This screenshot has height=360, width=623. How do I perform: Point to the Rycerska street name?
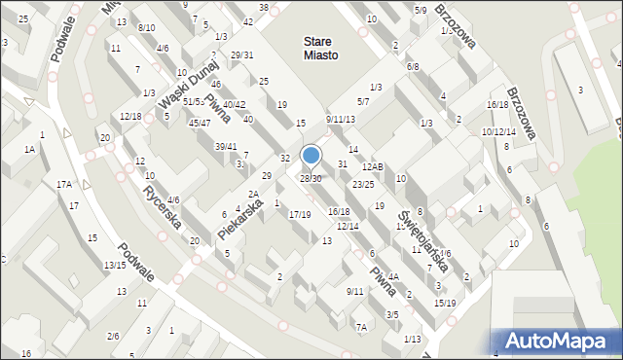click(163, 206)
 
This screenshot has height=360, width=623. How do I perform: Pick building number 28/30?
click(311, 178)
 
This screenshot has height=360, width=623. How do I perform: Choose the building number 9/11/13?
click(341, 120)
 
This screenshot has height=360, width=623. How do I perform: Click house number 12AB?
click(373, 168)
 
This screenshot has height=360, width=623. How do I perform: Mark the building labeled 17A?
click(64, 185)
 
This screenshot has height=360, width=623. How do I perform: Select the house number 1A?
click(30, 149)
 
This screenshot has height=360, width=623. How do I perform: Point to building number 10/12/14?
click(498, 131)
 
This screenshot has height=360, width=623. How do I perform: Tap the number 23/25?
click(363, 184)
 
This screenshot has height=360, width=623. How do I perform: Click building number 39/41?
click(226, 146)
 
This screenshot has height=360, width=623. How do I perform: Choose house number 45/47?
click(200, 123)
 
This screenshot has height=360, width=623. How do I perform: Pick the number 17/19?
click(300, 214)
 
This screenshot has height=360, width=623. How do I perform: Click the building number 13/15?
click(114, 265)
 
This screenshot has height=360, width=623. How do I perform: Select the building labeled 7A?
click(361, 328)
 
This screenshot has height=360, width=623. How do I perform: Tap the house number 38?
click(263, 8)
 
